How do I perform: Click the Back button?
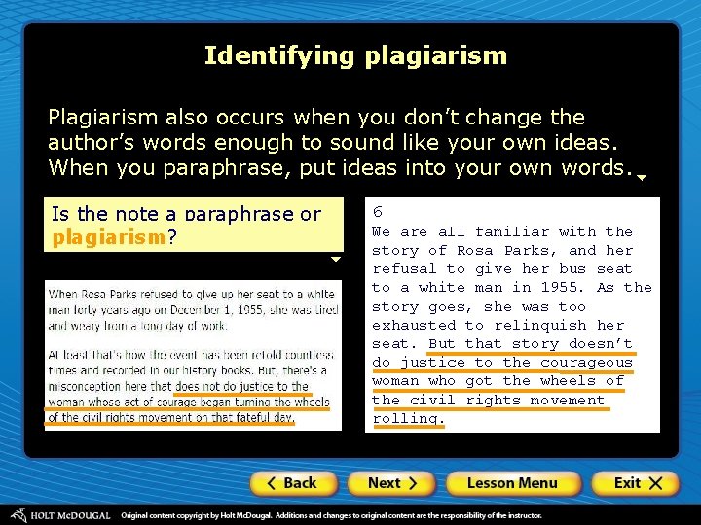click(293, 483)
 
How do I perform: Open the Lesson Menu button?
click(511, 483)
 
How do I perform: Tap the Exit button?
click(634, 483)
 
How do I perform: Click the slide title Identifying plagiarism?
click(355, 55)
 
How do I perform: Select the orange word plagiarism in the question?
click(109, 238)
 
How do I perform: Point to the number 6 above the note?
click(378, 212)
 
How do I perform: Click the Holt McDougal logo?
click(60, 514)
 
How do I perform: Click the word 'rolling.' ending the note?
click(408, 419)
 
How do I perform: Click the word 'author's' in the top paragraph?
click(92, 142)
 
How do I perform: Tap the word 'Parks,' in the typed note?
click(526, 251)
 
